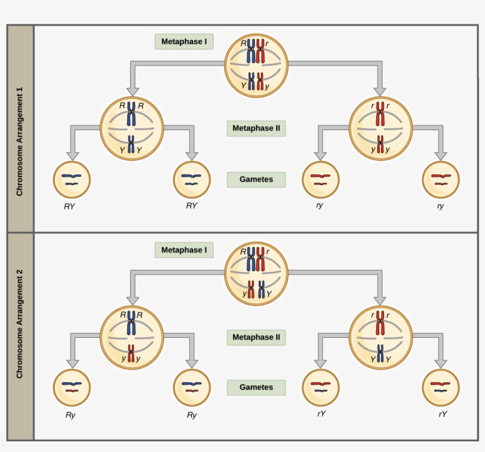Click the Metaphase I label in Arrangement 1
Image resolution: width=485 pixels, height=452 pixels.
(x=184, y=42)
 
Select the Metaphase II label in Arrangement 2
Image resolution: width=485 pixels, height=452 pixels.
(x=256, y=337)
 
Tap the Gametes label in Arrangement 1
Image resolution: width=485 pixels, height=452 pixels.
(x=256, y=179)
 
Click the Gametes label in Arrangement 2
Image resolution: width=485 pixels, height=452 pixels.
(x=256, y=388)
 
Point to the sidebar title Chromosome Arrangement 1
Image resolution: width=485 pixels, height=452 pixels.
(x=20, y=141)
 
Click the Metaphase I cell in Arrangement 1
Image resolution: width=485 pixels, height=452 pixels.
(x=256, y=65)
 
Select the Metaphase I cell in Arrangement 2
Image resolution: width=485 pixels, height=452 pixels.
(x=256, y=273)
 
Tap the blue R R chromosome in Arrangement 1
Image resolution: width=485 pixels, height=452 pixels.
(x=131, y=115)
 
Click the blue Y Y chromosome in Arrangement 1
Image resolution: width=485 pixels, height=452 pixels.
(x=131, y=144)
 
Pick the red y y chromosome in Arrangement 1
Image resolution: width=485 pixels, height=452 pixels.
(x=380, y=144)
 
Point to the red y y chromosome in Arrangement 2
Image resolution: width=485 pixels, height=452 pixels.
(x=131, y=353)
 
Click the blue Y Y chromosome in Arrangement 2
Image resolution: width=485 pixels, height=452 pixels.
(x=380, y=353)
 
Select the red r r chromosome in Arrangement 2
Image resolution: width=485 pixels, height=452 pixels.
(x=380, y=322)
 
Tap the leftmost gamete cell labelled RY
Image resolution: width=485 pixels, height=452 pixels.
(x=72, y=179)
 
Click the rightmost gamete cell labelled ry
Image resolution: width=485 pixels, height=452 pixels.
(x=441, y=179)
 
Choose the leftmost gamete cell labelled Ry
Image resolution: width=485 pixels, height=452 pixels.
(x=72, y=388)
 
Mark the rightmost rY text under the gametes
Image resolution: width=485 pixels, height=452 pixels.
(x=442, y=414)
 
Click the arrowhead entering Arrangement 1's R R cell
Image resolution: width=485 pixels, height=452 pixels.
(x=132, y=90)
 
